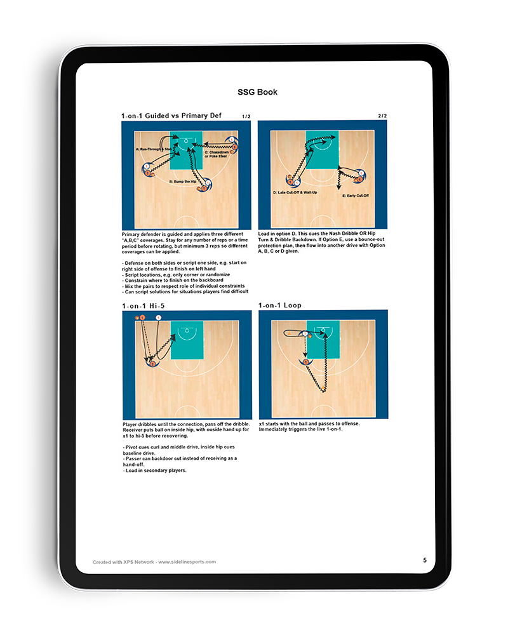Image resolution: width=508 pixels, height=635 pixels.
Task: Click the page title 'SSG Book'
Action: [257, 92]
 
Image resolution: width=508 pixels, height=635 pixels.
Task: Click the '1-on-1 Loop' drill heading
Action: [280, 305]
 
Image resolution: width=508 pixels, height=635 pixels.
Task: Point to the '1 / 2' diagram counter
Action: [246, 117]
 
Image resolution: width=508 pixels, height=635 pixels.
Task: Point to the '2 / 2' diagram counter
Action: [382, 116]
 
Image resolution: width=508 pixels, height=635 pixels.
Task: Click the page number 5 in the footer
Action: [425, 560]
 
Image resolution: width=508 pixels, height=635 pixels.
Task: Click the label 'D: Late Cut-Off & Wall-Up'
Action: [293, 191]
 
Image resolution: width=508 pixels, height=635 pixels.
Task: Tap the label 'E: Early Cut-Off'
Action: [356, 196]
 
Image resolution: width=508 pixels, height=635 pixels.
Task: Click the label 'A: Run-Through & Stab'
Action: [153, 149]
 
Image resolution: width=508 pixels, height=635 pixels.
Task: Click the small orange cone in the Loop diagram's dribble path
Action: [325, 387]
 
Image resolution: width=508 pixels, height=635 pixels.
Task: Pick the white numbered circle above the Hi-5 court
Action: [159, 317]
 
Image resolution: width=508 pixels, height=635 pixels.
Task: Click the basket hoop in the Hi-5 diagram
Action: [185, 330]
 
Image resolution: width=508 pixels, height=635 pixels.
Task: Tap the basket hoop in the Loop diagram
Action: [323, 330]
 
